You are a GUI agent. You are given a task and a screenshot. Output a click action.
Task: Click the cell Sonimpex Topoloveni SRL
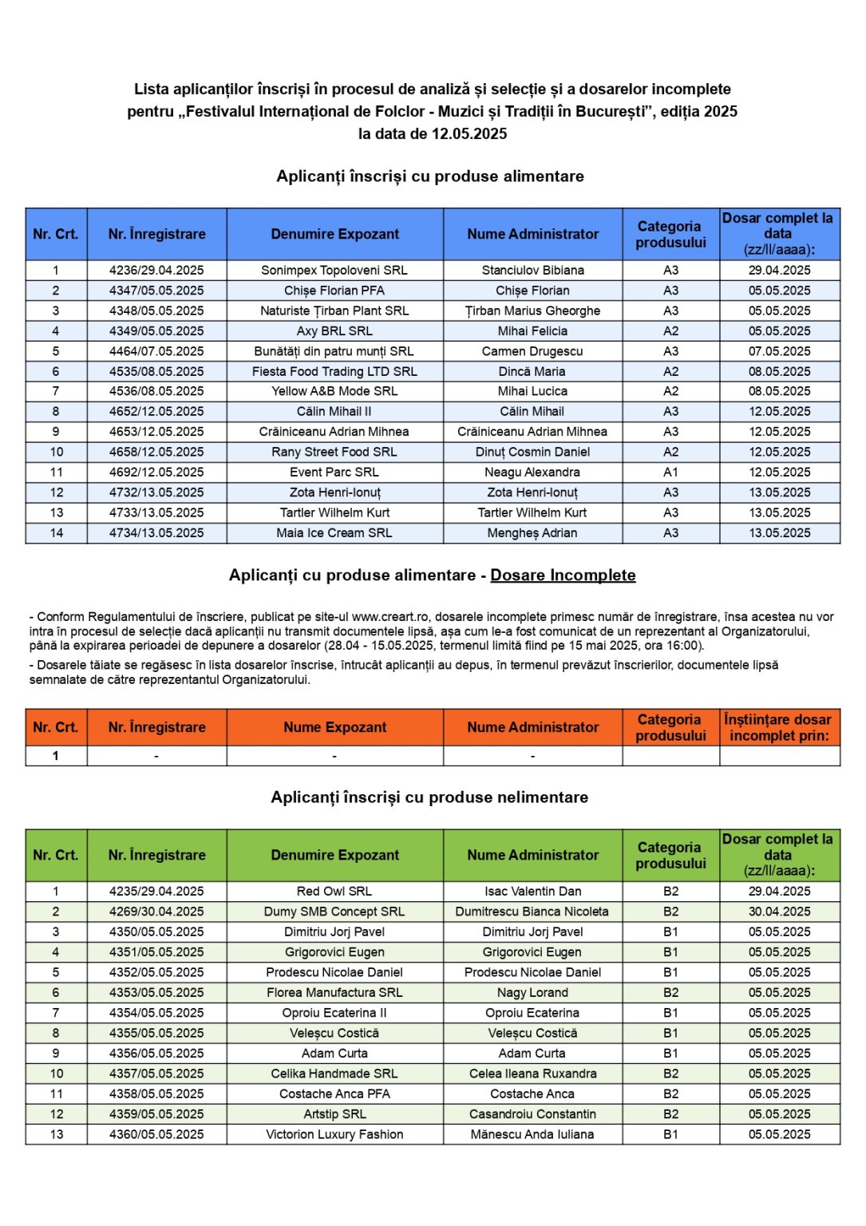(334, 271)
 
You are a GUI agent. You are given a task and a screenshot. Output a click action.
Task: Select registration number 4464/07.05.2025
(156, 351)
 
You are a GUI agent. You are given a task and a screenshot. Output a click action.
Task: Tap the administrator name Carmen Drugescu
(532, 351)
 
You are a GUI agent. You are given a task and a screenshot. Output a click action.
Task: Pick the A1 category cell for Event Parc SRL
(670, 473)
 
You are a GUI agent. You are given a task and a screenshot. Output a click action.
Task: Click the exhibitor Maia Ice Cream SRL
(334, 533)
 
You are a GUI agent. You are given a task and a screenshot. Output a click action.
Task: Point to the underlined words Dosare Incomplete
(563, 575)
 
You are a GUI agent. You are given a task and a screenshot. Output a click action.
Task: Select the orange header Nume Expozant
(334, 727)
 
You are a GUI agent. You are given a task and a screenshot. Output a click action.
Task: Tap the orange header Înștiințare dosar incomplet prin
(778, 727)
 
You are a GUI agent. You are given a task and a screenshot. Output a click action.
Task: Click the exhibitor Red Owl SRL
(334, 892)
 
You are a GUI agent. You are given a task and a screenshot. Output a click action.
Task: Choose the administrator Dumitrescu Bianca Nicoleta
(532, 912)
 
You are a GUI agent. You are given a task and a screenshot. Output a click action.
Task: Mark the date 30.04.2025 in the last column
(779, 912)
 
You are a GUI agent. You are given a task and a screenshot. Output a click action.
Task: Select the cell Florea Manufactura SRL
(334, 993)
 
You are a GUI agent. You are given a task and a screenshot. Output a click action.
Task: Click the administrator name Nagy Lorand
(532, 993)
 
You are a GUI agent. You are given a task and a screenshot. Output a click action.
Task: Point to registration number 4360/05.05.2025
(156, 1134)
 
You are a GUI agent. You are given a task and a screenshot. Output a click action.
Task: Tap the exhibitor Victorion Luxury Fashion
(334, 1134)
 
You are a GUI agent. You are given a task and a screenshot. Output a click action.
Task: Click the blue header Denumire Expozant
(334, 234)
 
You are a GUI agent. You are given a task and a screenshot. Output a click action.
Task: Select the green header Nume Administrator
(532, 855)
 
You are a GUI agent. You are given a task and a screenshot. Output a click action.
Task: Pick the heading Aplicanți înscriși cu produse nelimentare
(429, 797)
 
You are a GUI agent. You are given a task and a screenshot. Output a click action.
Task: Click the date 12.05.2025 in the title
(469, 134)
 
